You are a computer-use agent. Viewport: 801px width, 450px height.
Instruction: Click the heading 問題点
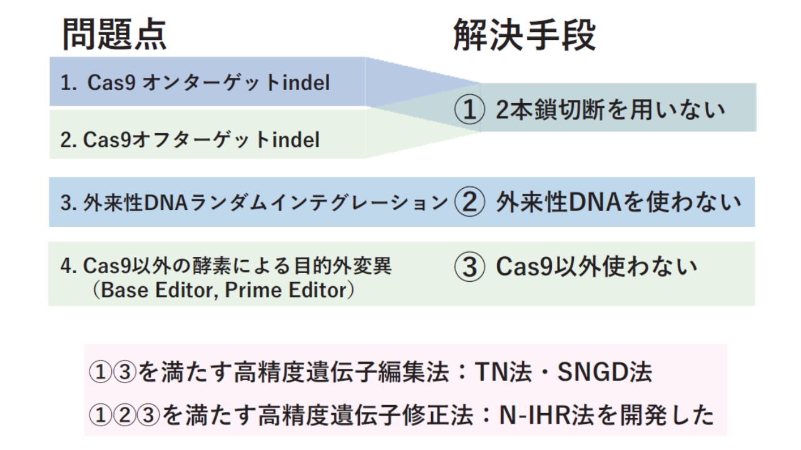tap(115, 34)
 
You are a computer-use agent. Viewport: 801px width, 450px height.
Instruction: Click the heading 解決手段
tap(524, 34)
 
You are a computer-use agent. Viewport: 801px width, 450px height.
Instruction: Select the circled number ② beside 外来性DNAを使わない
tap(469, 202)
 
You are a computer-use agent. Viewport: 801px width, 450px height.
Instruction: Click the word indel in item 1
tap(306, 82)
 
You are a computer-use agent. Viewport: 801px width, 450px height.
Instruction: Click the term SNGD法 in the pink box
tap(605, 372)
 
